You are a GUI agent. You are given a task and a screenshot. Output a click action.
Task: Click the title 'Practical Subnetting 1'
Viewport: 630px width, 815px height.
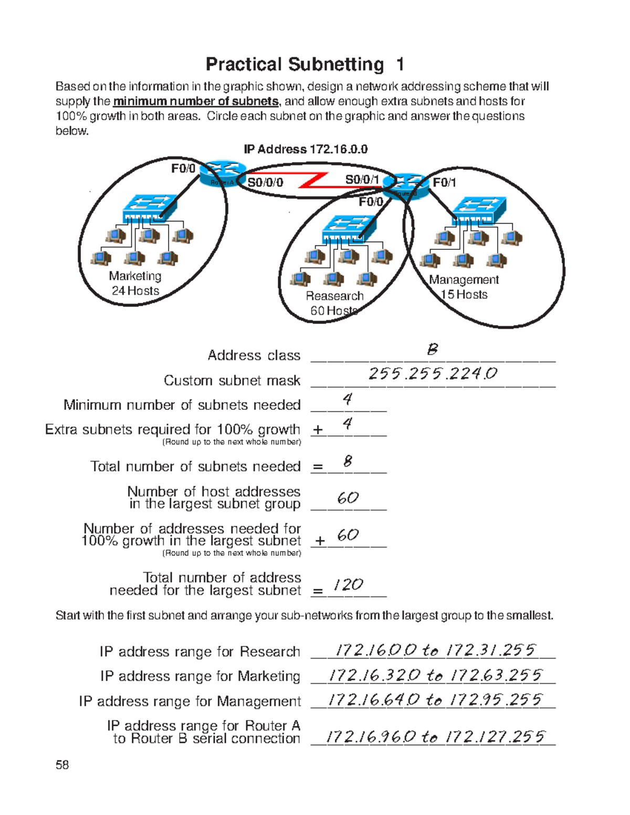click(x=304, y=65)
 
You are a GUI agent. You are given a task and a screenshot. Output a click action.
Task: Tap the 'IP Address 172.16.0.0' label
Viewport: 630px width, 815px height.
click(x=305, y=150)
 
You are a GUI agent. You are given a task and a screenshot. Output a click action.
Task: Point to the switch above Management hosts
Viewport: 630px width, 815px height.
click(x=479, y=210)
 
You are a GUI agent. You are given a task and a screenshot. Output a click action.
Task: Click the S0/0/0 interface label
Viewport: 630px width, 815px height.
click(x=265, y=183)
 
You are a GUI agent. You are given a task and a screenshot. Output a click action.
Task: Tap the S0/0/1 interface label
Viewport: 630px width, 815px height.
click(x=362, y=179)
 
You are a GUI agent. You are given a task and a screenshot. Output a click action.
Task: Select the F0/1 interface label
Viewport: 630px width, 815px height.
click(x=444, y=183)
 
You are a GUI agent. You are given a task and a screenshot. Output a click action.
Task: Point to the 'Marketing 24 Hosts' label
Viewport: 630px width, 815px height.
click(x=135, y=283)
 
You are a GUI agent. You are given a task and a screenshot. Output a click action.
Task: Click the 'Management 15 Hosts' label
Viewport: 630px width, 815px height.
click(x=464, y=287)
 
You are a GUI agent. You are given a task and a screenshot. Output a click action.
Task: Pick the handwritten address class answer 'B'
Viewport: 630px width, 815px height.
click(x=432, y=350)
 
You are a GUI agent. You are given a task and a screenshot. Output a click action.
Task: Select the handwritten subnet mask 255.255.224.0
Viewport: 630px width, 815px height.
click(x=433, y=374)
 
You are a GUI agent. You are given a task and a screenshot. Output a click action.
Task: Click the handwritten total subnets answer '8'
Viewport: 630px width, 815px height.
click(x=348, y=461)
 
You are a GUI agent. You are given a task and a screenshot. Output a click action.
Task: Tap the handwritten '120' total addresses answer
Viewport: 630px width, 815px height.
click(x=348, y=585)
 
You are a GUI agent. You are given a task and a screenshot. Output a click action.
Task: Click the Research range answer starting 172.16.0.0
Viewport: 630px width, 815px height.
click(x=435, y=651)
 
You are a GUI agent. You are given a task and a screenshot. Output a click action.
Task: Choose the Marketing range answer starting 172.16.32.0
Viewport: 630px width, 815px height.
click(x=435, y=675)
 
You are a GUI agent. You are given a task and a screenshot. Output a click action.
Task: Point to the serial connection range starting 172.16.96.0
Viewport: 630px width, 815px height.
click(x=435, y=737)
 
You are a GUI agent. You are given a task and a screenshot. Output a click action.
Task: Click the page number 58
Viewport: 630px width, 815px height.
click(x=62, y=765)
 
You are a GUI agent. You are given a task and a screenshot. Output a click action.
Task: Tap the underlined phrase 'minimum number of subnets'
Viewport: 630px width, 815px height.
click(x=195, y=101)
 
